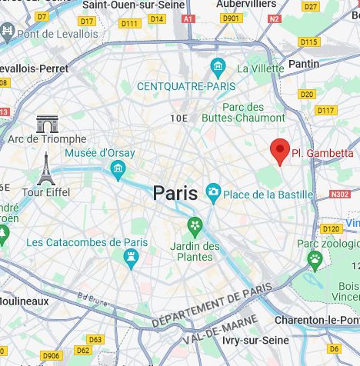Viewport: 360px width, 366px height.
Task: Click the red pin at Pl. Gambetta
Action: pos(281,151)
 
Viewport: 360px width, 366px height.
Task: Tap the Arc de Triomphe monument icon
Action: pos(47,123)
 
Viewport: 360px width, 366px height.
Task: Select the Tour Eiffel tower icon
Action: pos(46,169)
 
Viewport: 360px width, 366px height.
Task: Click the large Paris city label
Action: pos(175,193)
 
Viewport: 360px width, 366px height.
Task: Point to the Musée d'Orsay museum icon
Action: pos(118,169)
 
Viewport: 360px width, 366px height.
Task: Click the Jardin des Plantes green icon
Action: pos(195,227)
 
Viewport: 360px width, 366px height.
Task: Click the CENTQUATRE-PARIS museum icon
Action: pos(218,67)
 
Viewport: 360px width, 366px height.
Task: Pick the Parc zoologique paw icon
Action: pos(314,260)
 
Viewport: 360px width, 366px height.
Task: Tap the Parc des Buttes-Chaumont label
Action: pos(243,112)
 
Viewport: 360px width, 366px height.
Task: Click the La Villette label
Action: pos(260,68)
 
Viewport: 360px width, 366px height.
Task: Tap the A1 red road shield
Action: pos(188,18)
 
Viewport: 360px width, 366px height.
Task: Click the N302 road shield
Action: pos(340,195)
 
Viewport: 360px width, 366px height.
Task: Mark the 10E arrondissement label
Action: pos(178,118)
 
